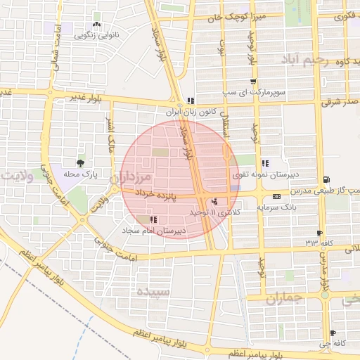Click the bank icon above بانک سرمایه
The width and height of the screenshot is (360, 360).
pos(276,196)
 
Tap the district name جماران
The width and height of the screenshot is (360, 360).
pos(285,298)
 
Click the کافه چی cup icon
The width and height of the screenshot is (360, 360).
pos(333,333)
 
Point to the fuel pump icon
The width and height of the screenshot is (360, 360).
pos(325,179)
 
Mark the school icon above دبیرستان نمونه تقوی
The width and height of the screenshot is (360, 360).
pos(264,163)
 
